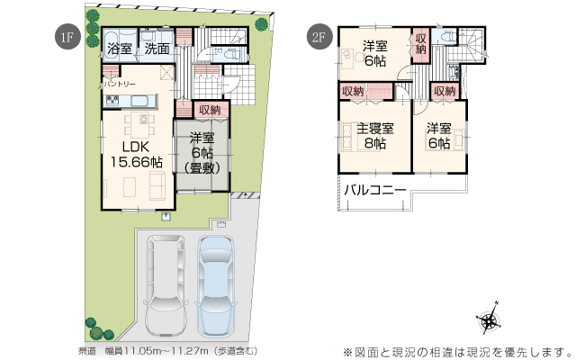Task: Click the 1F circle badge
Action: point(66,37)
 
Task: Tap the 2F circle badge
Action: point(317,37)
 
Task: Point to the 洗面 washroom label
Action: point(157,49)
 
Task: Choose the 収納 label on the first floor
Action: point(210,110)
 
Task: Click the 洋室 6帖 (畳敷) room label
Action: point(202,153)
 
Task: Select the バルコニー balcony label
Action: point(374,191)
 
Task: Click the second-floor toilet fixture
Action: point(447,39)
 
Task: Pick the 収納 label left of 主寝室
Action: point(353,91)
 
